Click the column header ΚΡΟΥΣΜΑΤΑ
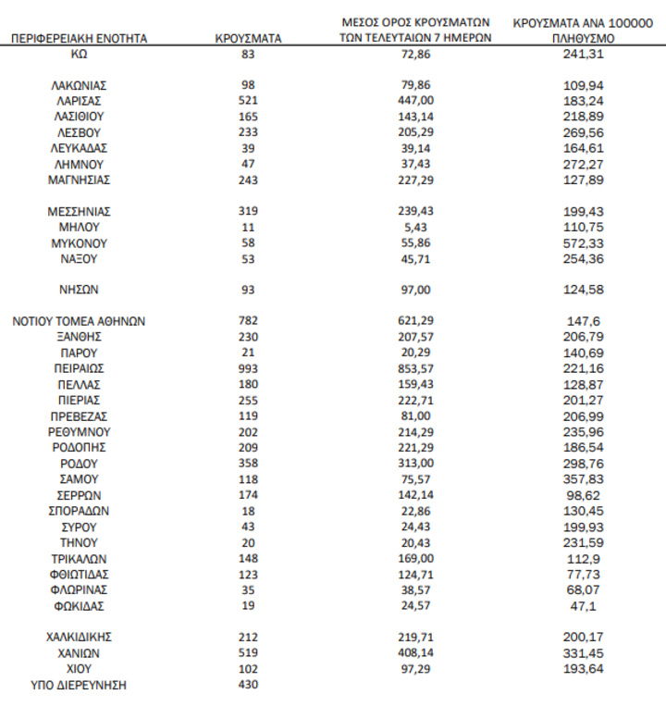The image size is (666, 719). pyautogui.click(x=247, y=39)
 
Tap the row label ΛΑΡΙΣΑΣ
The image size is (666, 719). pyautogui.click(x=79, y=100)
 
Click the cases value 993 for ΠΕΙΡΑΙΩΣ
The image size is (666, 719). pyautogui.click(x=247, y=368)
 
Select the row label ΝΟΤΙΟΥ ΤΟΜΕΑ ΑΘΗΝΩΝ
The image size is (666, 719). pyautogui.click(x=79, y=321)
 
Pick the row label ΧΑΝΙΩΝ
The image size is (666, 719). pyautogui.click(x=79, y=652)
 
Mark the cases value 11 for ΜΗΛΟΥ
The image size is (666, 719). pyautogui.click(x=247, y=227)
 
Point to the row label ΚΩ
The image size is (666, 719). pyautogui.click(x=79, y=55)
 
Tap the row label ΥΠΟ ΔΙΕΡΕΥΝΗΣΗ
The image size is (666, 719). pyautogui.click(x=79, y=685)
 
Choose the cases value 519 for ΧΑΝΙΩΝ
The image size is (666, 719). pyautogui.click(x=247, y=652)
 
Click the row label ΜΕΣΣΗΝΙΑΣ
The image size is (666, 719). pyautogui.click(x=79, y=211)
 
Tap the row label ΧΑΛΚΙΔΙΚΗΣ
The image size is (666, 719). pyautogui.click(x=79, y=637)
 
